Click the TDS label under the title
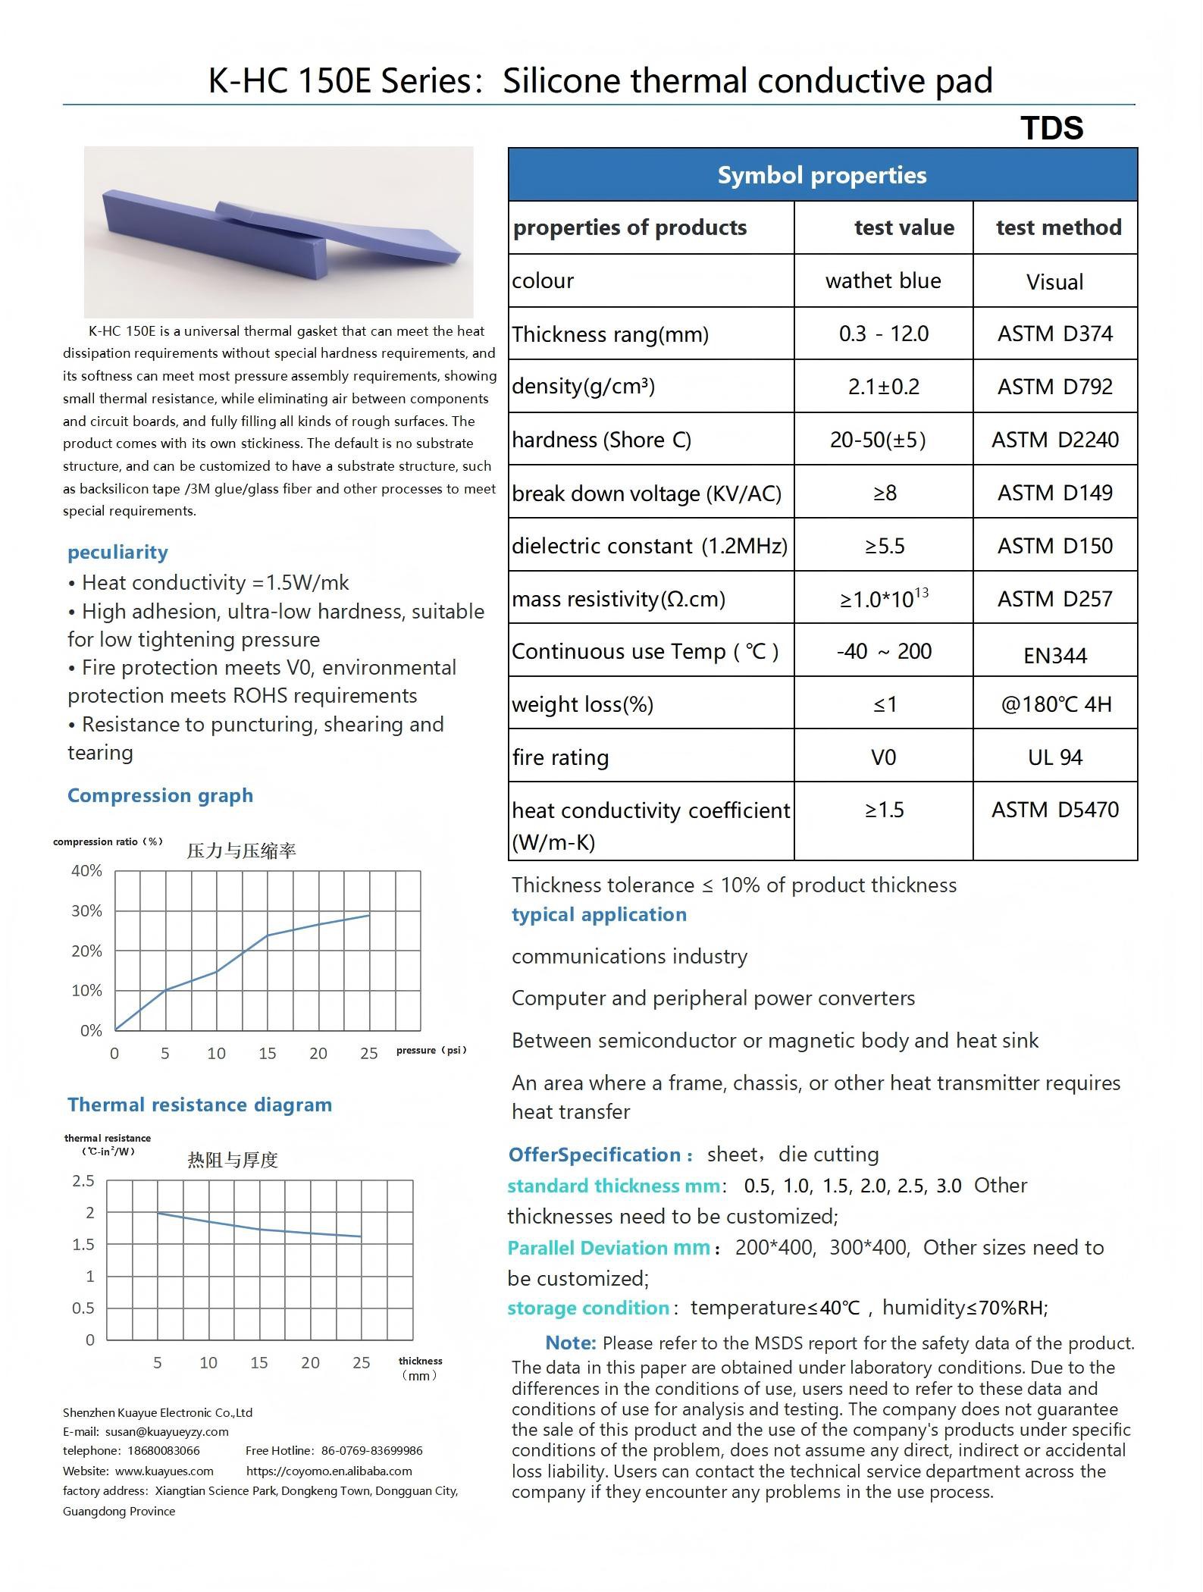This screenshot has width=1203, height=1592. click(x=1051, y=128)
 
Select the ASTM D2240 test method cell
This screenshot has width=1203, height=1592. click(x=1054, y=440)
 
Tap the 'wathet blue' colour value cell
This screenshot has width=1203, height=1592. click(x=883, y=280)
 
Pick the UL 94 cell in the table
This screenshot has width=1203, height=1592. click(x=1054, y=757)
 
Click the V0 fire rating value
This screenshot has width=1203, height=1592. click(x=883, y=757)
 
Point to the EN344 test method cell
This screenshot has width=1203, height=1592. click(x=1054, y=655)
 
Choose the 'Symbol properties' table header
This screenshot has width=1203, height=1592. click(x=822, y=175)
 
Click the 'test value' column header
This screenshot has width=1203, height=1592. click(x=904, y=227)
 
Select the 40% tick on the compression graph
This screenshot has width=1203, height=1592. click(x=86, y=870)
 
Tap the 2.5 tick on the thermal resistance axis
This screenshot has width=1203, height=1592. click(x=83, y=1180)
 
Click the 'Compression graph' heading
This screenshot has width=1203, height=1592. click(x=160, y=795)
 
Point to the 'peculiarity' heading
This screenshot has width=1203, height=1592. click(x=117, y=552)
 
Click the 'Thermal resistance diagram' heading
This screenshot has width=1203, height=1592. click(x=199, y=1105)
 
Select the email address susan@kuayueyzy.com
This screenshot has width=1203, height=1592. click(x=167, y=1431)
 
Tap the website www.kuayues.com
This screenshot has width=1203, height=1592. click(x=164, y=1471)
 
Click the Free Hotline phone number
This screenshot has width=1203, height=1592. click(x=371, y=1450)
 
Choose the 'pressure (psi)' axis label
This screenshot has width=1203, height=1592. click(x=431, y=1050)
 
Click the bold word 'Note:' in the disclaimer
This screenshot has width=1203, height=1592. click(x=571, y=1343)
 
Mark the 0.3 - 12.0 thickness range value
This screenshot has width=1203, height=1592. click(x=883, y=334)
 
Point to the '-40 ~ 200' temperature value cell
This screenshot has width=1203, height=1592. click(x=883, y=651)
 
